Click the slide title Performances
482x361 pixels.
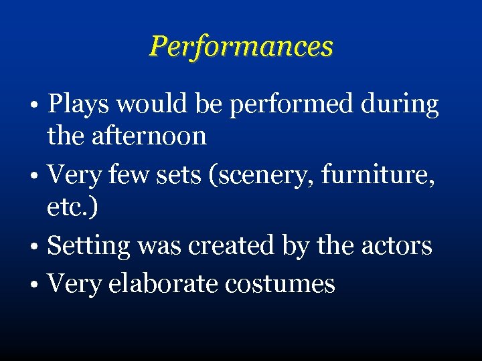pyautogui.click(x=241, y=46)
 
